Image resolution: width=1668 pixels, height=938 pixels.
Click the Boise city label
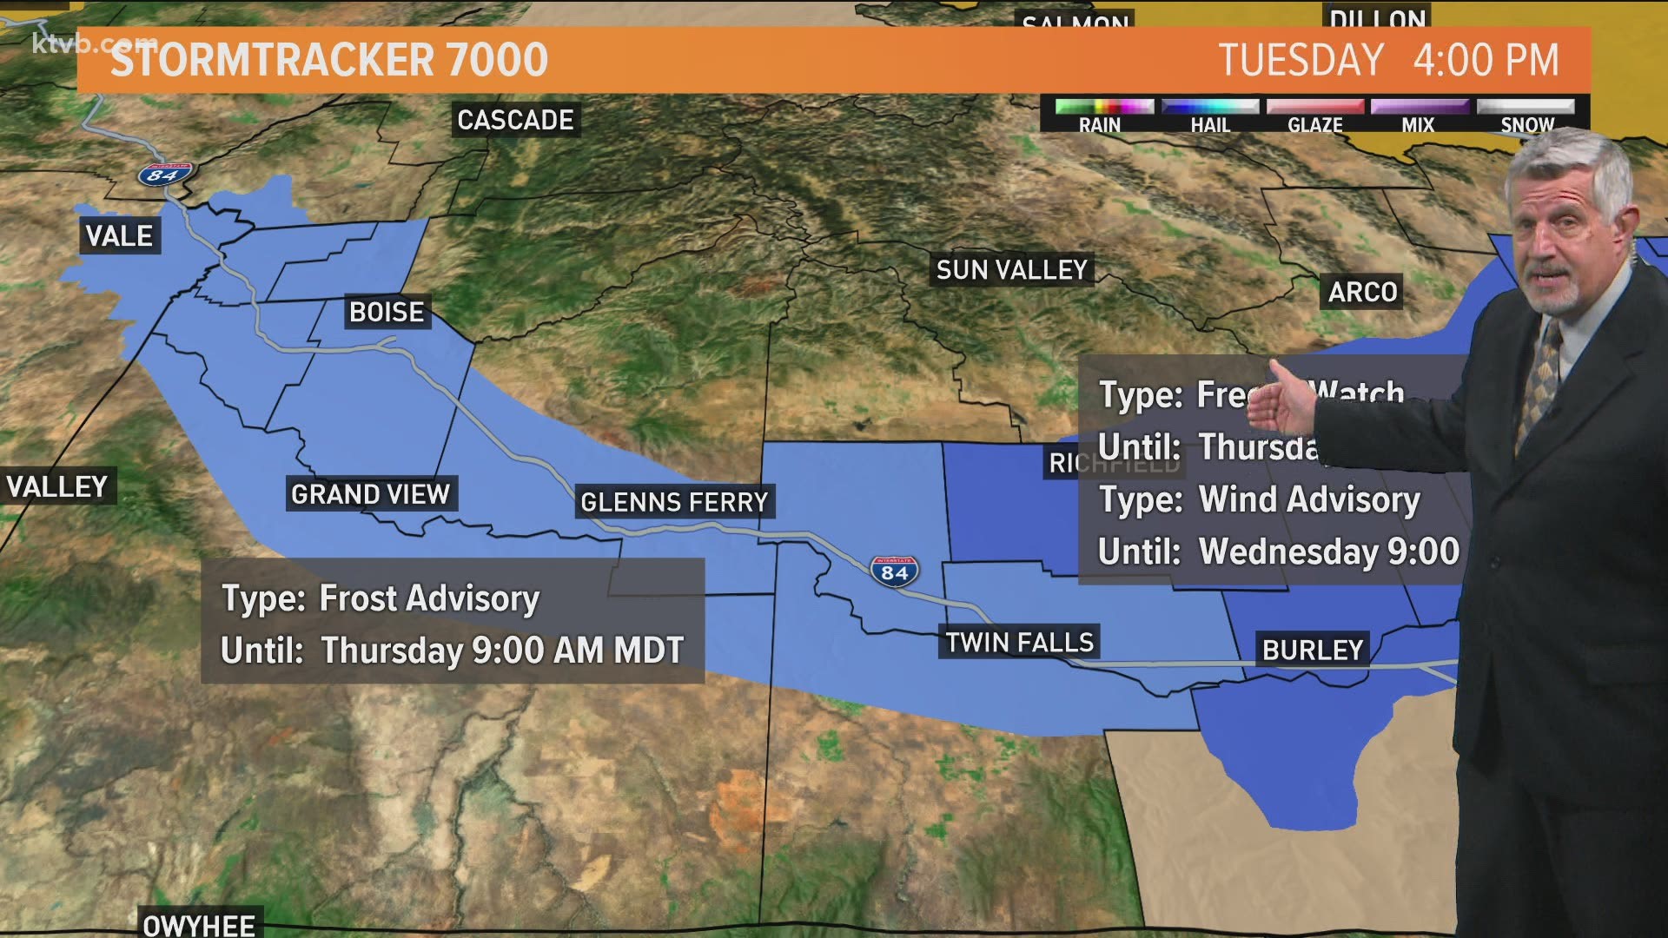pos(387,312)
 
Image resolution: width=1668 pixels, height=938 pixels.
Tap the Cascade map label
pos(515,120)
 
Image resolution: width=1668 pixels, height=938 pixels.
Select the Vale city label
pos(119,236)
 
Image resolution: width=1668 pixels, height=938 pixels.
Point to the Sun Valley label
pos(1011,270)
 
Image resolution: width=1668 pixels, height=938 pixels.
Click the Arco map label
pos(1362,292)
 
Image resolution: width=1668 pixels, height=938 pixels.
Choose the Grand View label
pos(370,494)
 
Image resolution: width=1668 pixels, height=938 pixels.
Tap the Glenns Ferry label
pos(674,502)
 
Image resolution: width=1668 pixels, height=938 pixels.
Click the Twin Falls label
pos(1019,643)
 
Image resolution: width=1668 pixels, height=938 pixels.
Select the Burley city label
pos(1312,650)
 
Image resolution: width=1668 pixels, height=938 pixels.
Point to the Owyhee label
pos(199,924)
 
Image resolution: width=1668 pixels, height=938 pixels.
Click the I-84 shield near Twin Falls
pos(894,571)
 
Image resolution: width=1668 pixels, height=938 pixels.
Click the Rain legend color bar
pos(1103,107)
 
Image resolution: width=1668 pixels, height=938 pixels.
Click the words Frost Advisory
pos(429,598)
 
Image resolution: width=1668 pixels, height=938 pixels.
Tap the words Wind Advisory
pos(1308,499)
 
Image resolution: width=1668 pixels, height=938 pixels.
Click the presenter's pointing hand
pos(1286,398)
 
